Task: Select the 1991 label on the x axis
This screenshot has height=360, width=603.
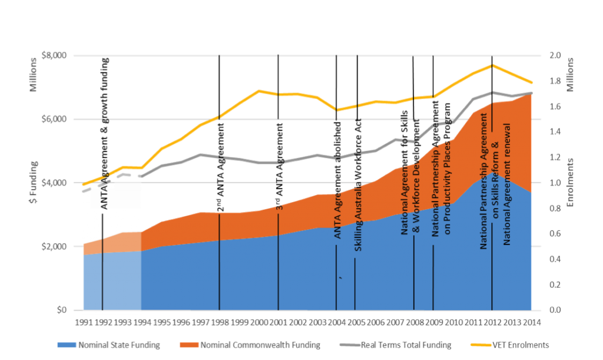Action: pyautogui.click(x=84, y=322)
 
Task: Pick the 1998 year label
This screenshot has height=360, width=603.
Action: pyautogui.click(x=219, y=322)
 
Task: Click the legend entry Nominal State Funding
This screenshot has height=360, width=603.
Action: pyautogui.click(x=114, y=345)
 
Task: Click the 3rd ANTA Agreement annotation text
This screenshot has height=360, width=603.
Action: pyautogui.click(x=281, y=165)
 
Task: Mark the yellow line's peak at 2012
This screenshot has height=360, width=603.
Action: pyautogui.click(x=492, y=65)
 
